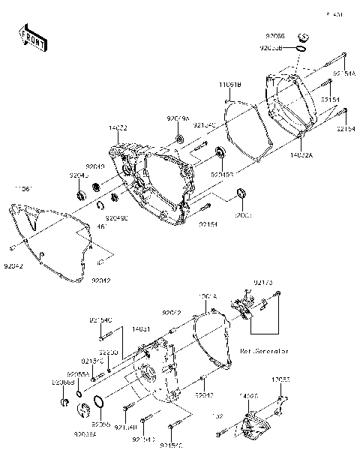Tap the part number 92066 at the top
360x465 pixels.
[x=275, y=35]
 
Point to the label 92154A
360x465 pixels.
[x=344, y=73]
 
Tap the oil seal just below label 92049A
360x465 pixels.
[x=179, y=139]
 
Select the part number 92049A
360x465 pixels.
[x=178, y=118]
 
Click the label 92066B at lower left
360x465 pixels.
[x=63, y=382]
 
